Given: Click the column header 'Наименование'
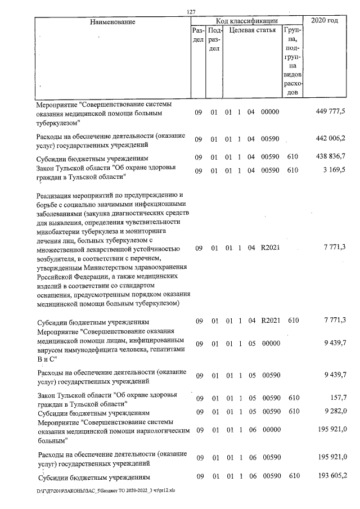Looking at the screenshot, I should (112, 21).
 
